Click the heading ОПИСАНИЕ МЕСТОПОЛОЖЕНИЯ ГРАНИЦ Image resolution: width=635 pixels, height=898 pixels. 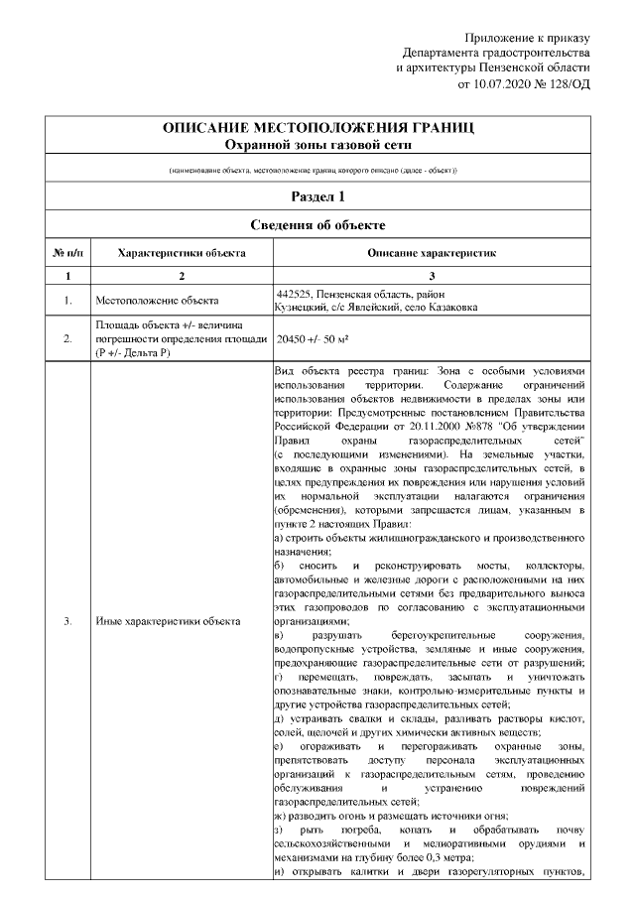317,129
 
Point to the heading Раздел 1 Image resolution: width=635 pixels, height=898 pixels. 317,196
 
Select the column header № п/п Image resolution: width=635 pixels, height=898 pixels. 66,254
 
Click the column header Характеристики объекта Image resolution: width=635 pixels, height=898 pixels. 181,254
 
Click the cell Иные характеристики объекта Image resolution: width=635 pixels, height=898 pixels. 168,622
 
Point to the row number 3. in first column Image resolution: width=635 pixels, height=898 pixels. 66,622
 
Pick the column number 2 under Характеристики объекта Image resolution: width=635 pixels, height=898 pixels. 181,276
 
